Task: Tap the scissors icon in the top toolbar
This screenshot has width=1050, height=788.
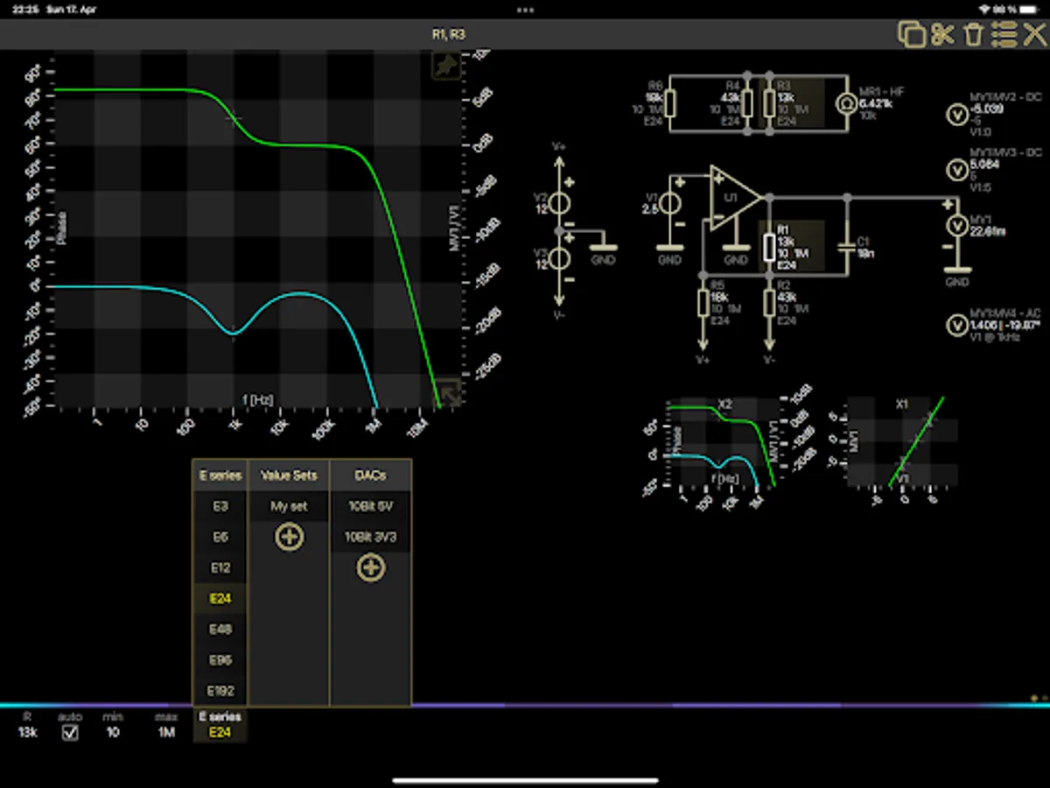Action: (x=942, y=35)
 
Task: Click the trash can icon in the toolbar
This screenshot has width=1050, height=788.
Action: (x=973, y=35)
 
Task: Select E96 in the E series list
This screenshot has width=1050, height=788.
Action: (x=220, y=659)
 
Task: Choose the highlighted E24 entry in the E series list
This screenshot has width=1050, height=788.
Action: (x=220, y=599)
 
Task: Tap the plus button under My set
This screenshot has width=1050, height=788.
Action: (x=289, y=537)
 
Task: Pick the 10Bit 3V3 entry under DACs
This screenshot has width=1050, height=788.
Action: (x=370, y=537)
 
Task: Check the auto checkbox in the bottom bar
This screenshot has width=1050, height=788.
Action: (x=70, y=732)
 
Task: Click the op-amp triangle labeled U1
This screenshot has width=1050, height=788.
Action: (x=731, y=198)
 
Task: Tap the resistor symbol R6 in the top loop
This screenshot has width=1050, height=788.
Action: (x=670, y=103)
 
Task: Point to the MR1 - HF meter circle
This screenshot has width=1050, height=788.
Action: (x=846, y=103)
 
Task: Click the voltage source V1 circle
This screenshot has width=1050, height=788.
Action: (x=670, y=202)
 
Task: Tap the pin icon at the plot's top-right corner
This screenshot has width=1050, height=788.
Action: (x=446, y=67)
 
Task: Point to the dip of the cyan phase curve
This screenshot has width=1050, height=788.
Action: (x=233, y=333)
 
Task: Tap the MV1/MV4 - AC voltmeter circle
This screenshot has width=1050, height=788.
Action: (x=956, y=324)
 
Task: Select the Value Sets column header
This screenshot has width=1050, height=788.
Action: (x=289, y=475)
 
